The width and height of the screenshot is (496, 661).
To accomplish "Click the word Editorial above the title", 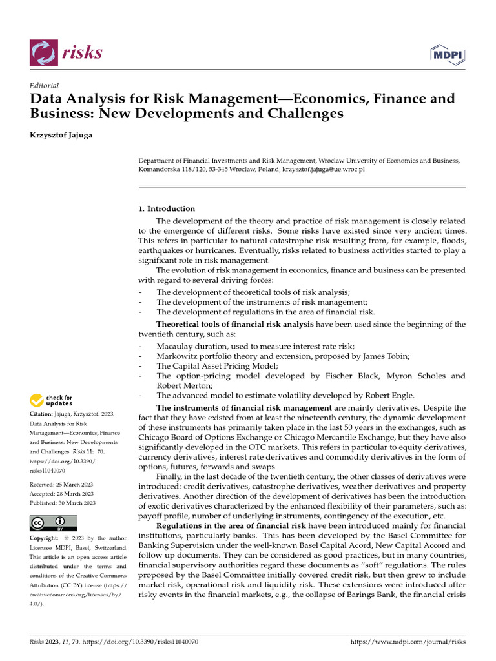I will [45, 86].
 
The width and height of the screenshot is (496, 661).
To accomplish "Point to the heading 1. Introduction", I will [167, 209].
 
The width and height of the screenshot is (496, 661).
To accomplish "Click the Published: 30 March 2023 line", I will [63, 503].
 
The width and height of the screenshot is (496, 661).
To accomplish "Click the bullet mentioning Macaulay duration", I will [255, 347].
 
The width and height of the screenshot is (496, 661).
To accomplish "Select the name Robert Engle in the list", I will [390, 395].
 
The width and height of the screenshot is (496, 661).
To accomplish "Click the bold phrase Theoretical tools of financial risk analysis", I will [235, 324].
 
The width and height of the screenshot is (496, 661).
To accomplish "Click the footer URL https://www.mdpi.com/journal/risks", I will [407, 642].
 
